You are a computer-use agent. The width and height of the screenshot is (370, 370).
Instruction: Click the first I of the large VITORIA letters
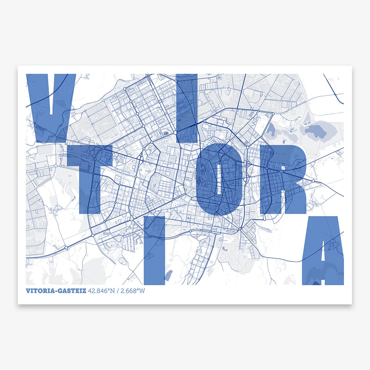click(x=187, y=108)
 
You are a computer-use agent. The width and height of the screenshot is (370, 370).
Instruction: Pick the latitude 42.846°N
click(x=100, y=291)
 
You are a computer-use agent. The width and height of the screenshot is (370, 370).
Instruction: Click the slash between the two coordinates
click(x=116, y=291)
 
